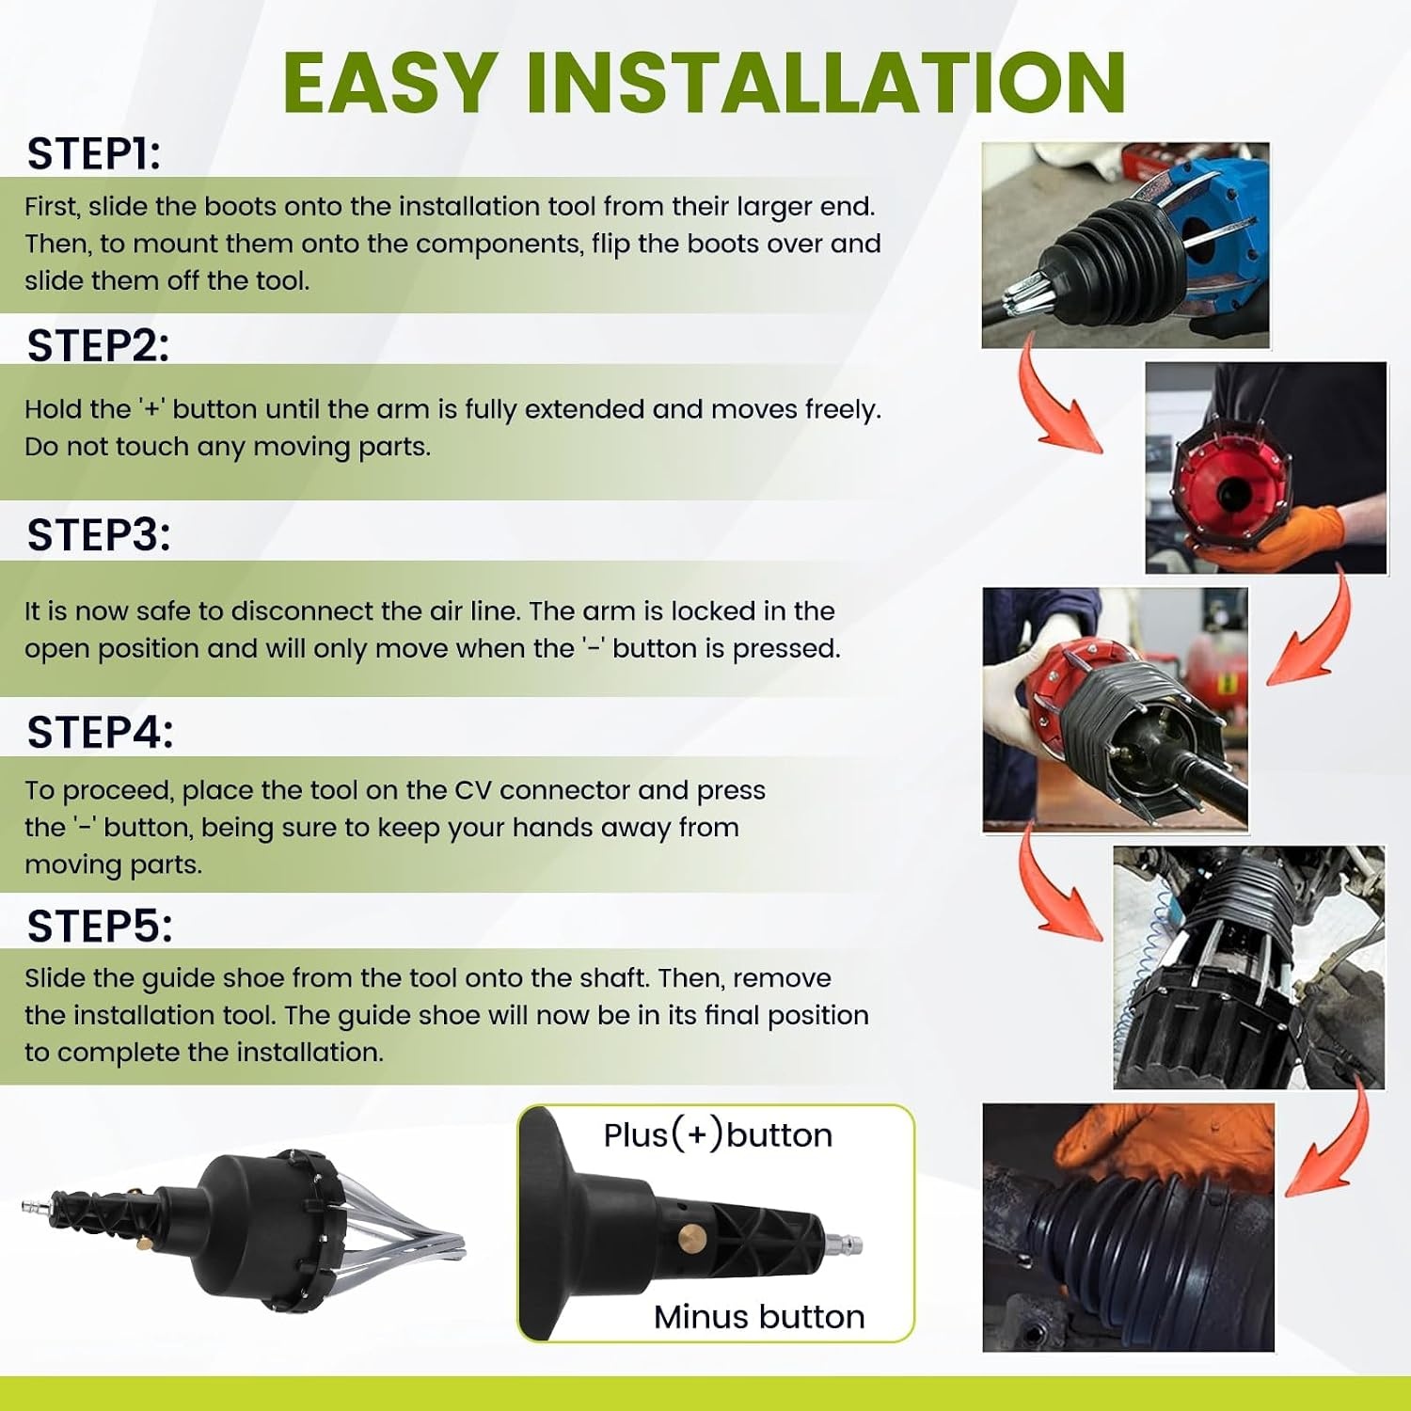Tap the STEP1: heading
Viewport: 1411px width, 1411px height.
(94, 153)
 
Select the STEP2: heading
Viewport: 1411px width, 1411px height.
(98, 345)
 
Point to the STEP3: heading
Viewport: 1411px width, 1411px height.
(99, 534)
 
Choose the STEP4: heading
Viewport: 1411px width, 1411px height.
(100, 732)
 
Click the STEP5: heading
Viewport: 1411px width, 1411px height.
(100, 927)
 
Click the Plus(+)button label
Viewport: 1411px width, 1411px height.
(718, 1135)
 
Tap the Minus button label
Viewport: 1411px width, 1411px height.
(759, 1317)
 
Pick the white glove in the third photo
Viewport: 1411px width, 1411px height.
(1025, 658)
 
